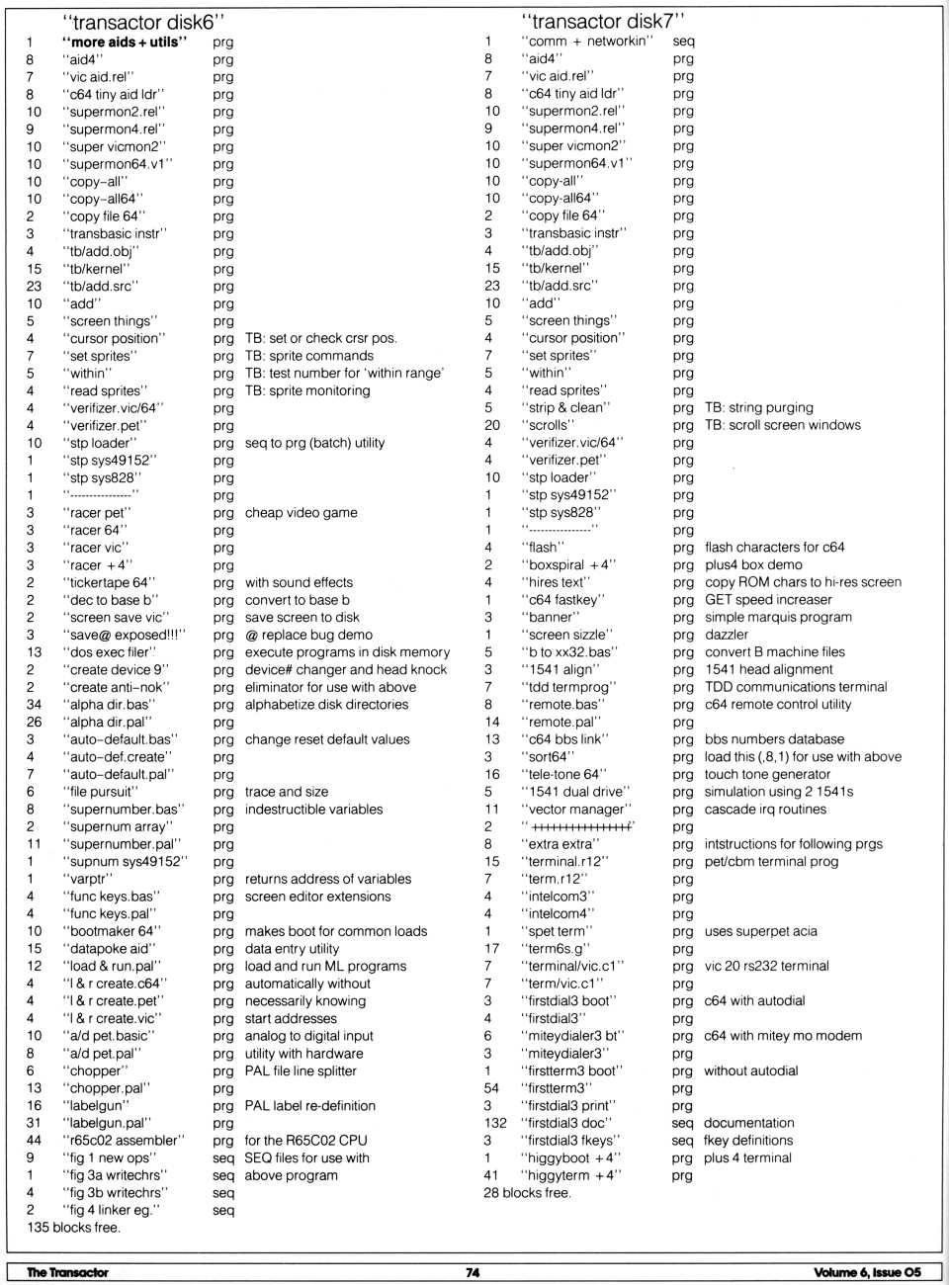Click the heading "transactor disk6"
(x=150, y=22)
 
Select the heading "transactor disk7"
(x=603, y=21)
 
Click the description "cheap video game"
(x=301, y=512)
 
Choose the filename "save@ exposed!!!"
(x=125, y=635)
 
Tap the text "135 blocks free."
(x=74, y=1228)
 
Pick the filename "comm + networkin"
(x=588, y=41)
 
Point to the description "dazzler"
(x=727, y=635)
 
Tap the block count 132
(x=494, y=1123)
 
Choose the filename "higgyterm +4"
(x=572, y=1175)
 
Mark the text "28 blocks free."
(x=527, y=1193)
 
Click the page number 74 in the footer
(x=473, y=1272)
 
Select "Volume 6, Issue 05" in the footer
(x=867, y=1272)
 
